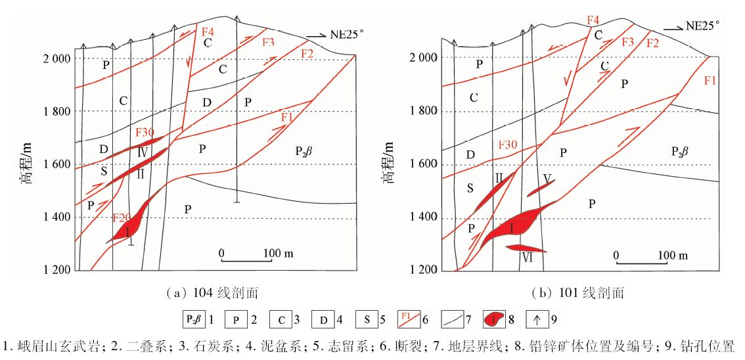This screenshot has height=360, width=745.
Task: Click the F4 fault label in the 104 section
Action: (x=208, y=31)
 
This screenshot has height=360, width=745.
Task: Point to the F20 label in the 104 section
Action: (x=122, y=217)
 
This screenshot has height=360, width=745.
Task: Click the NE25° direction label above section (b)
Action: (x=702, y=26)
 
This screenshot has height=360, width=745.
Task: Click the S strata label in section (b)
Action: (x=470, y=188)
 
